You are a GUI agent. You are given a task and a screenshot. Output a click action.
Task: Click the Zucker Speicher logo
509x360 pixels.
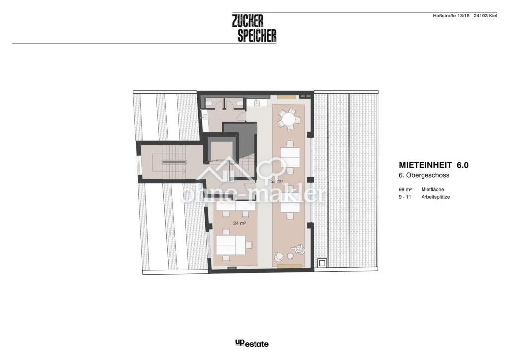point(254,28)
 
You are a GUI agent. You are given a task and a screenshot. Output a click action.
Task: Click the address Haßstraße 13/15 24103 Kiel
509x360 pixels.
point(465,16)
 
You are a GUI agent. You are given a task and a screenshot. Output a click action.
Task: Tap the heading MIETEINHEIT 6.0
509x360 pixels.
point(433,165)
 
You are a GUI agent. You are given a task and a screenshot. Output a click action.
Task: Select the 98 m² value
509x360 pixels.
point(406,189)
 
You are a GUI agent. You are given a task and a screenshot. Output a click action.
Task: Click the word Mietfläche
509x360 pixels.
point(433,189)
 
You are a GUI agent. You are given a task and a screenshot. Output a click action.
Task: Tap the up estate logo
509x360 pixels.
point(252,343)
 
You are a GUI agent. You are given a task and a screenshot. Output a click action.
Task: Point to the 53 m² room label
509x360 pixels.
point(277,181)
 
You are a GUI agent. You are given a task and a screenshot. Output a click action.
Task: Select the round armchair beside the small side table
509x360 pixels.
point(279,256)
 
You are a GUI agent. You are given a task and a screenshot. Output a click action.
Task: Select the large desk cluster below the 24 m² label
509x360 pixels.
point(234,245)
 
